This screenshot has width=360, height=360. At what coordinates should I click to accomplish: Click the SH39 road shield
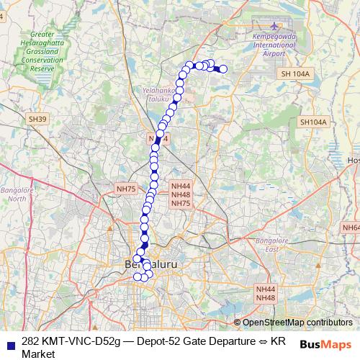37,119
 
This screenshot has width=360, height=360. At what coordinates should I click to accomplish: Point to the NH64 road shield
352,228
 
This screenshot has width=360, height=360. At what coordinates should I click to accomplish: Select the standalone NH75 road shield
125,189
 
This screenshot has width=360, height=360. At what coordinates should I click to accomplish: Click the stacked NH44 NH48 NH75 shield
181,194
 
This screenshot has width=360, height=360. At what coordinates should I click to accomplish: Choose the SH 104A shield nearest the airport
295,73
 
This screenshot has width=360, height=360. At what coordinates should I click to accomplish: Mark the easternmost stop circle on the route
223,69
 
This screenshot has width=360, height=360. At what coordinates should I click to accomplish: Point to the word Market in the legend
39,354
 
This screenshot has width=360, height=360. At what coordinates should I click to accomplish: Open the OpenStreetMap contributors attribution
297,323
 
